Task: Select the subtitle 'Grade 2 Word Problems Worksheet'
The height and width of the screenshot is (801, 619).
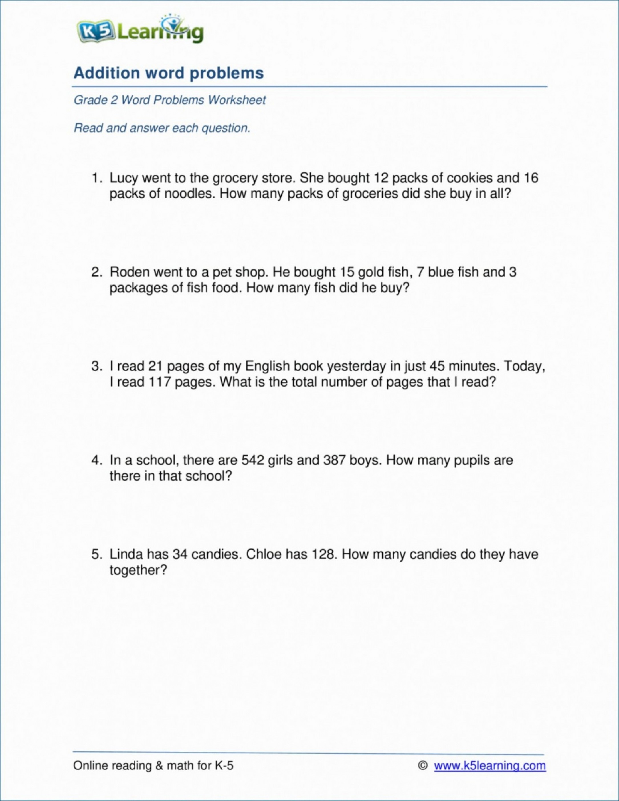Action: tap(169, 100)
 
